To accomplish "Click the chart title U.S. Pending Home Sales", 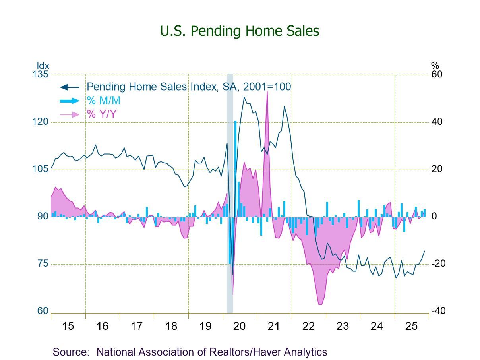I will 240,31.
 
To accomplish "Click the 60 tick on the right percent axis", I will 437,75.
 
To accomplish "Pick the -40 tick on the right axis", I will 438,311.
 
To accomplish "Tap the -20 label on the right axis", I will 438,264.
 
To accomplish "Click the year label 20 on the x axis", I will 240,326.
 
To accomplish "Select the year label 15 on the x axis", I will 68,326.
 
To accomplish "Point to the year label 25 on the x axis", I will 411,326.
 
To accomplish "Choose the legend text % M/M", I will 103,101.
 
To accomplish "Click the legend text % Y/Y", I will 101,114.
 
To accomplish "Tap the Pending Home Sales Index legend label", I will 189,87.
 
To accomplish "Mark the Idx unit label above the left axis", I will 43,66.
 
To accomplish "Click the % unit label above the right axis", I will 435,66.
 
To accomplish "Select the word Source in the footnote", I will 70,352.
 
